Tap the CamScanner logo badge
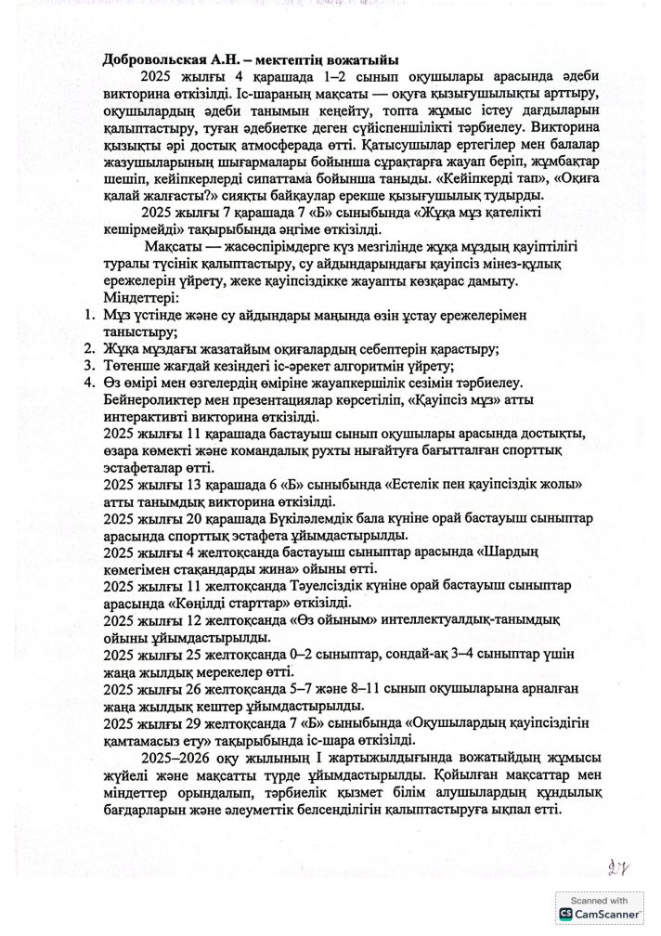pyautogui.click(x=564, y=915)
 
